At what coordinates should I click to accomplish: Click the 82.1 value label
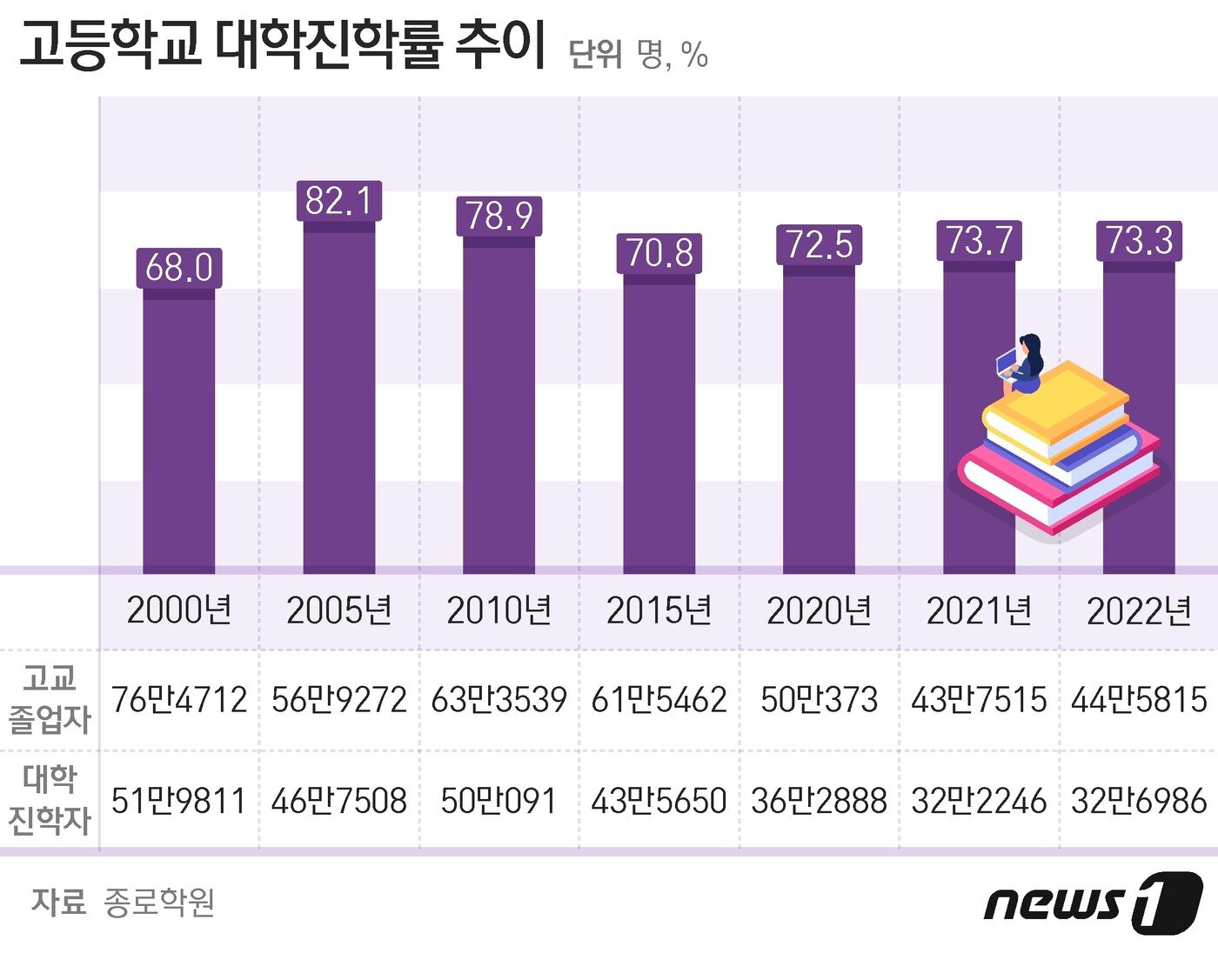coord(338,201)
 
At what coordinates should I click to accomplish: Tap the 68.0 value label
coord(179,268)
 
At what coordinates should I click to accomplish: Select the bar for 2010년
coord(499,409)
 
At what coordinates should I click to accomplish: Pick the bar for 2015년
coord(659,426)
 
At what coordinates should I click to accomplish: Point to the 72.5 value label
coord(819,244)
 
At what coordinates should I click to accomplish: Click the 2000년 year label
coord(179,610)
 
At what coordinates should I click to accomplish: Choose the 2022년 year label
coord(1139,611)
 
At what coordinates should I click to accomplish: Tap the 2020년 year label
coord(819,611)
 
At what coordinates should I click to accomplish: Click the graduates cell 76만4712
coord(179,700)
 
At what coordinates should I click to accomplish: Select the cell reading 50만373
coord(819,700)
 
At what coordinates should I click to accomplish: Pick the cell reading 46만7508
coord(338,801)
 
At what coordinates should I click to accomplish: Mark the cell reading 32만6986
coord(1139,801)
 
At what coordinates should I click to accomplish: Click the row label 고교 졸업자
coord(50,699)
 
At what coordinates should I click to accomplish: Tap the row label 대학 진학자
coord(50,800)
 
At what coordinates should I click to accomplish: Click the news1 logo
coord(1093,903)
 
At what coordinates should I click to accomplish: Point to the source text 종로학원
coord(159,903)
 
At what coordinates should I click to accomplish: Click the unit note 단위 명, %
coord(638,54)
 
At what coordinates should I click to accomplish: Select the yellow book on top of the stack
coord(1057,407)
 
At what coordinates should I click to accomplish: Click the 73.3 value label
coord(1139,241)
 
